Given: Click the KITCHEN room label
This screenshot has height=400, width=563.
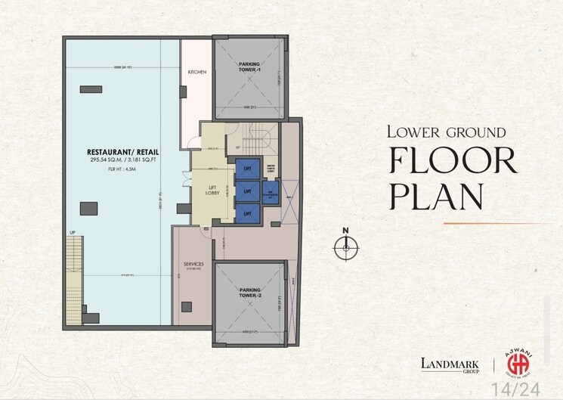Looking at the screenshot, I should [197, 73].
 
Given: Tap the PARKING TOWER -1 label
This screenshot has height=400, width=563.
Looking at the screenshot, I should [250, 67].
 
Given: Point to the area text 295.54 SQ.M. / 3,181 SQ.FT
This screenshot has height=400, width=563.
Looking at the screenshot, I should [122, 160].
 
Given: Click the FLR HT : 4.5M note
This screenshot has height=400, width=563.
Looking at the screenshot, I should [122, 169].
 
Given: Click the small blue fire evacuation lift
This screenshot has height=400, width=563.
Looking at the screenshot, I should [271, 193].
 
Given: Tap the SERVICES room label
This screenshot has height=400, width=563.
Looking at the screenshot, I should [194, 265].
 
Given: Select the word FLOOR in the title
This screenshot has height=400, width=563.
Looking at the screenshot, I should [453, 161].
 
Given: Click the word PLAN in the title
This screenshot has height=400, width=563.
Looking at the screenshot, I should [436, 196].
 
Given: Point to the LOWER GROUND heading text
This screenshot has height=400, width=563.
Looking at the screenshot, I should [446, 132].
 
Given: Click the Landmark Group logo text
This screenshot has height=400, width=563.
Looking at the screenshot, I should [451, 364].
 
